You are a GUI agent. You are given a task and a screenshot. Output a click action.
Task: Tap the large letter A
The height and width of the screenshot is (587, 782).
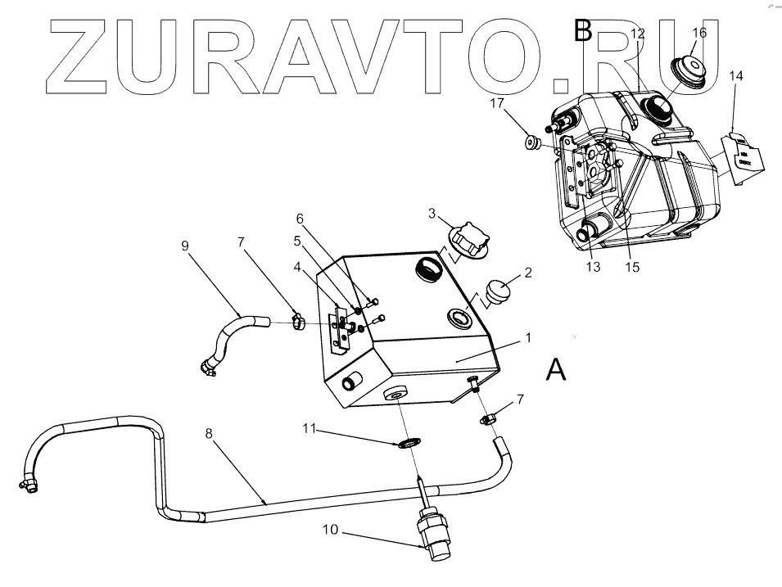[555, 371]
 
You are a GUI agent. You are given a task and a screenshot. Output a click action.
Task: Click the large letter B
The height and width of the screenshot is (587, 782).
[583, 31]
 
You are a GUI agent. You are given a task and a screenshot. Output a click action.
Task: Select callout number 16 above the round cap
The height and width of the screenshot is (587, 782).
[699, 33]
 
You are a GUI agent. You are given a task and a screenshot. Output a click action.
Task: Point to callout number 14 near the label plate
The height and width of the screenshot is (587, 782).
[736, 75]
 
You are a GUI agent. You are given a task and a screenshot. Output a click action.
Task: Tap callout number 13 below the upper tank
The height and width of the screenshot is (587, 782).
[593, 267]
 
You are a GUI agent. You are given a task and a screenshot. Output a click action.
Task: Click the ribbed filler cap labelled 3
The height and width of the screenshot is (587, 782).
[468, 241]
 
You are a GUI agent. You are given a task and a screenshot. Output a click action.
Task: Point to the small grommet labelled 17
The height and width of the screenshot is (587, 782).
[531, 143]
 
